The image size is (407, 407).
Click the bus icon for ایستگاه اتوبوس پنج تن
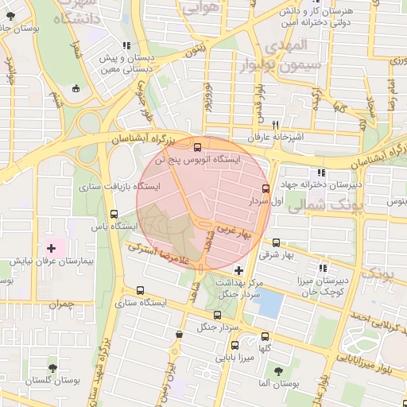coord(198,145)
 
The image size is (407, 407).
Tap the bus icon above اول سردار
coord(266,188)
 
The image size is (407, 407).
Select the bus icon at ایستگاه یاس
coord(114,213)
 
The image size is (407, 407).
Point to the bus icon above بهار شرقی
coord(276,242)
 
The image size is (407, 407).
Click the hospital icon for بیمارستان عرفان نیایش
coord(52,248)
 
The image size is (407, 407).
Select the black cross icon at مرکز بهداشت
coord(238,270)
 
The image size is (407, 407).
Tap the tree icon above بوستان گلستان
coord(52,367)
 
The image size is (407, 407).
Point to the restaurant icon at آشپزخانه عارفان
coord(275,124)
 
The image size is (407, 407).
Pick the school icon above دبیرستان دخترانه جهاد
coord(320,172)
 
